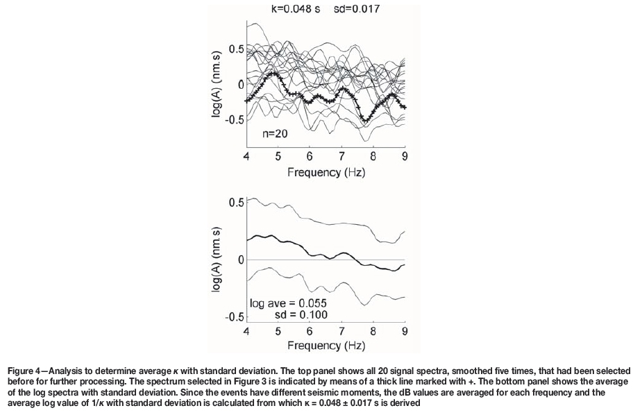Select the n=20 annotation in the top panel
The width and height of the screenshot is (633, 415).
coord(276,134)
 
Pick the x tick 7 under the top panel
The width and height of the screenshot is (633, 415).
coord(341,156)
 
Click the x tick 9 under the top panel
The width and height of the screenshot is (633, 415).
coord(405,156)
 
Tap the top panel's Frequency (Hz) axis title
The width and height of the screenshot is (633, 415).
coord(326,171)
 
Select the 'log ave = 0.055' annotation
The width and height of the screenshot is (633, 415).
coord(288,304)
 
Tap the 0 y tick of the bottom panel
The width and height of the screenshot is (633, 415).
coord(240,260)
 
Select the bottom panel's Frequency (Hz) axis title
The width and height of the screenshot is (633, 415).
coord(326,345)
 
